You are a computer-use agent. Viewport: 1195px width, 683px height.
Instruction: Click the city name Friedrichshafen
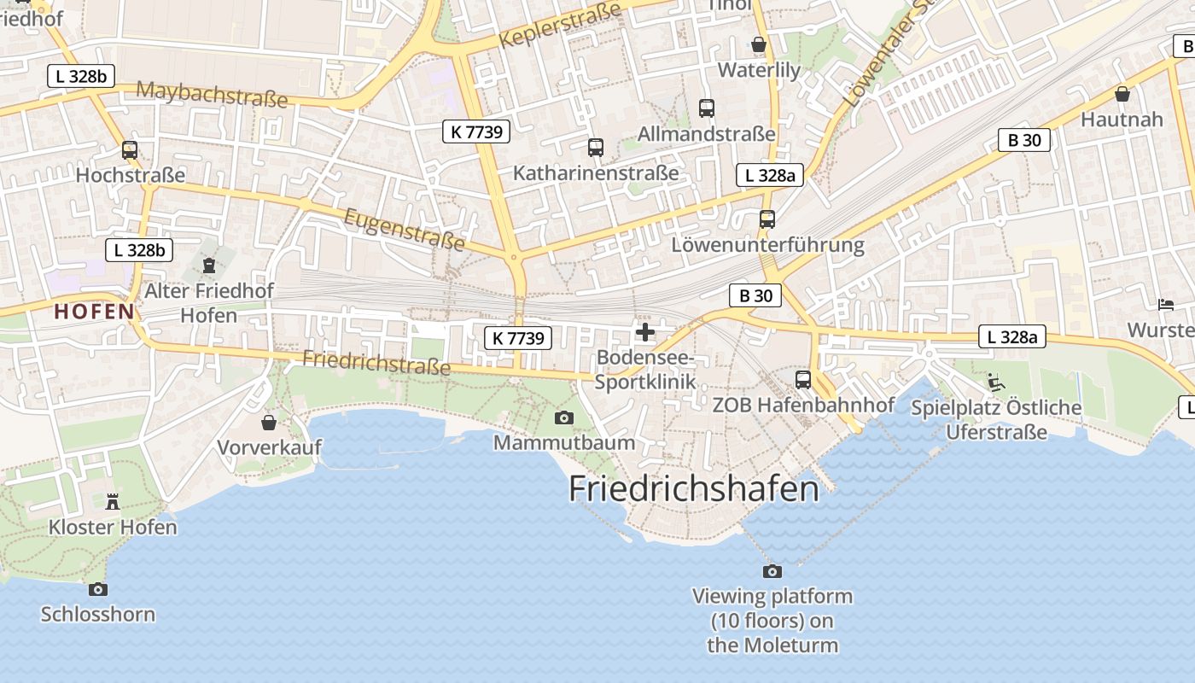pyautogui.click(x=693, y=488)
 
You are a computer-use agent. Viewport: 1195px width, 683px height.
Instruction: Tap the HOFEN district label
pyautogui.click(x=94, y=312)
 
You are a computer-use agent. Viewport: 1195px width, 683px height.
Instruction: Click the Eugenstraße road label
pyautogui.click(x=405, y=230)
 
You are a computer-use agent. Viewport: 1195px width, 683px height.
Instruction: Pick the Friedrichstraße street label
pyautogui.click(x=376, y=362)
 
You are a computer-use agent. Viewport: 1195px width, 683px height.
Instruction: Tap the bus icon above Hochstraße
pyautogui.click(x=130, y=150)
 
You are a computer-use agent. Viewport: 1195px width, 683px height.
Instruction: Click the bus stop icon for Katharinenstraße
pyautogui.click(x=596, y=148)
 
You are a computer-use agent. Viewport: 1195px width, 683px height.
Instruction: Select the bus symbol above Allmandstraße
pyautogui.click(x=707, y=108)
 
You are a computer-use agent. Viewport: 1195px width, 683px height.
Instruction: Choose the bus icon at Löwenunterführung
pyautogui.click(x=767, y=219)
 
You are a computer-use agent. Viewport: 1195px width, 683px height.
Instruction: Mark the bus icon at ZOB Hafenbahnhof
pyautogui.click(x=803, y=380)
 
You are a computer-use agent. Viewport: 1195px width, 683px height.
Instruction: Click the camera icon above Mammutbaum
pyautogui.click(x=564, y=417)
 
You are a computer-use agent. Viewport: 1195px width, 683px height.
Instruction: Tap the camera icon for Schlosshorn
pyautogui.click(x=98, y=589)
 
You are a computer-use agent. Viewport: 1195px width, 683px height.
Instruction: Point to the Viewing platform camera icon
pyautogui.click(x=772, y=571)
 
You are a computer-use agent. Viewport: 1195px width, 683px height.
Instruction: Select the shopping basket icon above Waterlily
pyautogui.click(x=759, y=44)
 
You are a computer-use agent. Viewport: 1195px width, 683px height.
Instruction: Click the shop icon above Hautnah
pyautogui.click(x=1122, y=93)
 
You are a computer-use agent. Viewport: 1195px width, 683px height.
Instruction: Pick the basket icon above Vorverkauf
pyautogui.click(x=269, y=422)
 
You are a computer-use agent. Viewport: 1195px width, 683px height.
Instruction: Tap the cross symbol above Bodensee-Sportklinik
pyautogui.click(x=645, y=331)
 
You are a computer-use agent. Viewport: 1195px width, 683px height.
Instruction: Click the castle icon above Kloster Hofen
pyautogui.click(x=113, y=501)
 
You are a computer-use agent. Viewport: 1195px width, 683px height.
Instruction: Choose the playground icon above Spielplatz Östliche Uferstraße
pyautogui.click(x=995, y=382)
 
